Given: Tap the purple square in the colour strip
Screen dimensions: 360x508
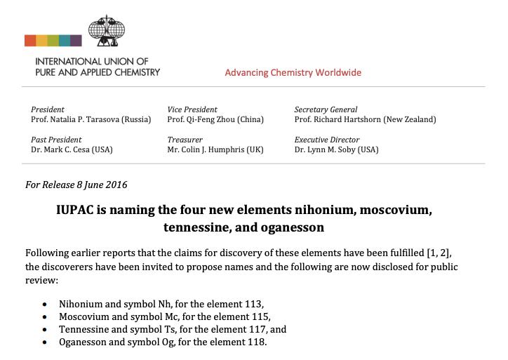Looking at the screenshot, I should (x=76, y=41).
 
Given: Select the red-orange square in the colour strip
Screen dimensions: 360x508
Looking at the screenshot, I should (x=30, y=41).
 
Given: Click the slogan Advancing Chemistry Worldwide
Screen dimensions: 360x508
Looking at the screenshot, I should (x=293, y=73).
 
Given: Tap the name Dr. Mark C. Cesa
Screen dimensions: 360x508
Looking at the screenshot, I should (x=61, y=150).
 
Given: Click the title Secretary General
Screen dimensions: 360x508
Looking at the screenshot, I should (x=326, y=109).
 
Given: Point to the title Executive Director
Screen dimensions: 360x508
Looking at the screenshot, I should (x=327, y=140).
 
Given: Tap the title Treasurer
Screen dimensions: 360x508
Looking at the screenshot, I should (x=185, y=140).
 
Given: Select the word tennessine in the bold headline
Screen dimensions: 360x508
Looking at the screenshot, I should (x=195, y=228).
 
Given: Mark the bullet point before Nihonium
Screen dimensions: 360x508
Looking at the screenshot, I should (x=46, y=305).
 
